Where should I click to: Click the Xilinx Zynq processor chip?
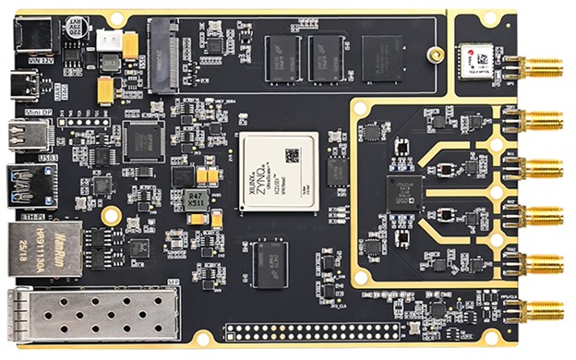coord(278,173)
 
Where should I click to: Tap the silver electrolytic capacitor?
coord(78,34)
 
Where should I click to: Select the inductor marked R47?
coord(195,200)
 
